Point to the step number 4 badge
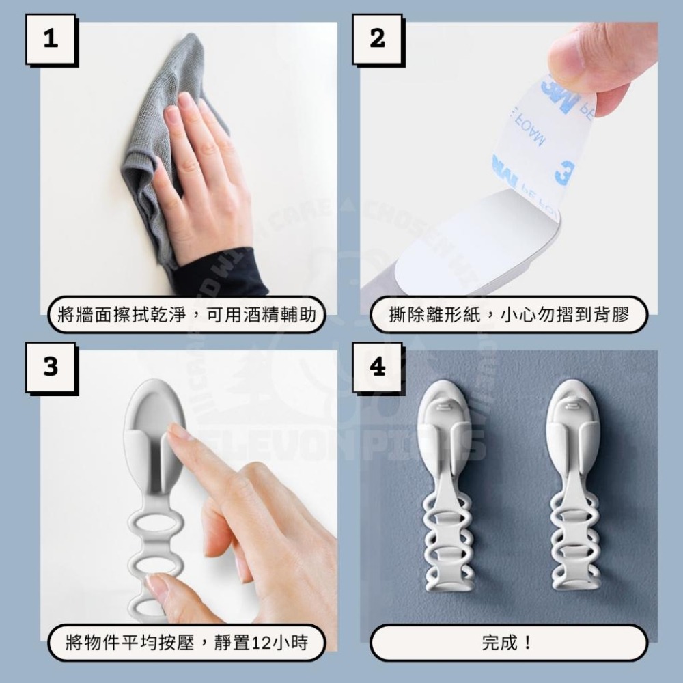click(378, 367)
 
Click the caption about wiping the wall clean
click(186, 316)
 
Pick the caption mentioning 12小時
click(186, 643)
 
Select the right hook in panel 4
click(574, 478)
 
